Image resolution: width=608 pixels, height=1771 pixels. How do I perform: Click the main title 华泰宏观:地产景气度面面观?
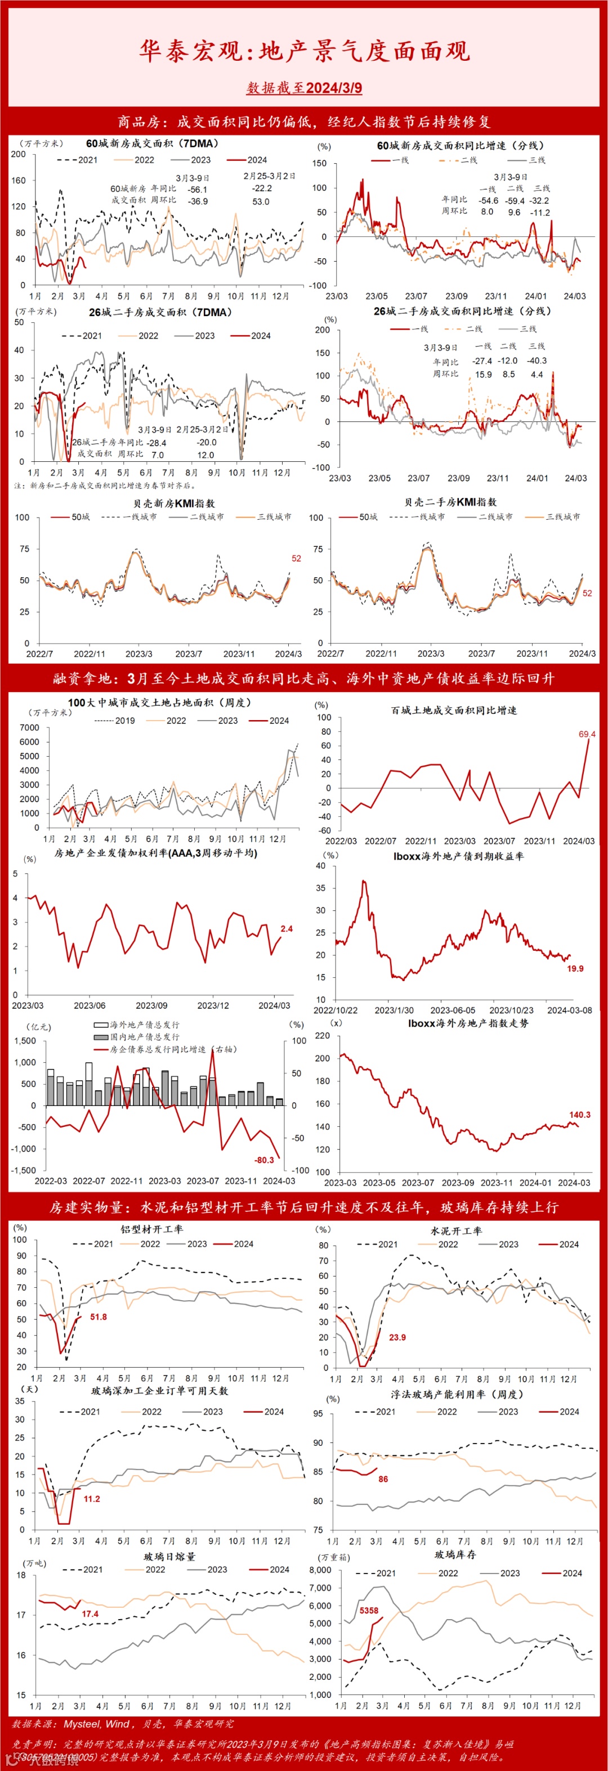pyautogui.click(x=304, y=50)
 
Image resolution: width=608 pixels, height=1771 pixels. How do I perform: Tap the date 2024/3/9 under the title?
pyautogui.click(x=334, y=88)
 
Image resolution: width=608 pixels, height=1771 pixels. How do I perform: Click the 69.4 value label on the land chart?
pyautogui.click(x=587, y=734)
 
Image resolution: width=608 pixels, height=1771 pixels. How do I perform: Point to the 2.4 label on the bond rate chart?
pyautogui.click(x=286, y=928)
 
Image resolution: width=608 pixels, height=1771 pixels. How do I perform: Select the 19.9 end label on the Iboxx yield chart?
pyautogui.click(x=575, y=968)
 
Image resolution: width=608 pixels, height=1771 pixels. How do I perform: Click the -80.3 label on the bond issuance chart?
pyautogui.click(x=264, y=1160)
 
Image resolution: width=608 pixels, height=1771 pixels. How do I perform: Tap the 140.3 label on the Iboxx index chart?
pyautogui.click(x=579, y=1114)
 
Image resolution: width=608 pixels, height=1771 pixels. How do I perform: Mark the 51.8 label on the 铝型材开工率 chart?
pyautogui.click(x=99, y=1316)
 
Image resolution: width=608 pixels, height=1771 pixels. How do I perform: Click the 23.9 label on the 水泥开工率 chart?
pyautogui.click(x=397, y=1337)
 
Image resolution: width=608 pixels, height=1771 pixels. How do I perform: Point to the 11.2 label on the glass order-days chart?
pyautogui.click(x=91, y=1499)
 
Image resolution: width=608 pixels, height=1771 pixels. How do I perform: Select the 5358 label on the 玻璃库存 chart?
pyautogui.click(x=369, y=1610)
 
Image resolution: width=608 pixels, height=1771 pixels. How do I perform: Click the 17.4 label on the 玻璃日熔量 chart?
pyautogui.click(x=90, y=1613)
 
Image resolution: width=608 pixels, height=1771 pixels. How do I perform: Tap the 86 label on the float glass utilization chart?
pyautogui.click(x=383, y=1479)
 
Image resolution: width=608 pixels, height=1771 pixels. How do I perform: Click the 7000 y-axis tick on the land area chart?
pyautogui.click(x=30, y=727)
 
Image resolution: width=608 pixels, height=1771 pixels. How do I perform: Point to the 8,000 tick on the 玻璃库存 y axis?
pyautogui.click(x=320, y=1570)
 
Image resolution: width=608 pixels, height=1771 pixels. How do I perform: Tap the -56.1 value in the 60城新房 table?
pyautogui.click(x=198, y=189)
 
